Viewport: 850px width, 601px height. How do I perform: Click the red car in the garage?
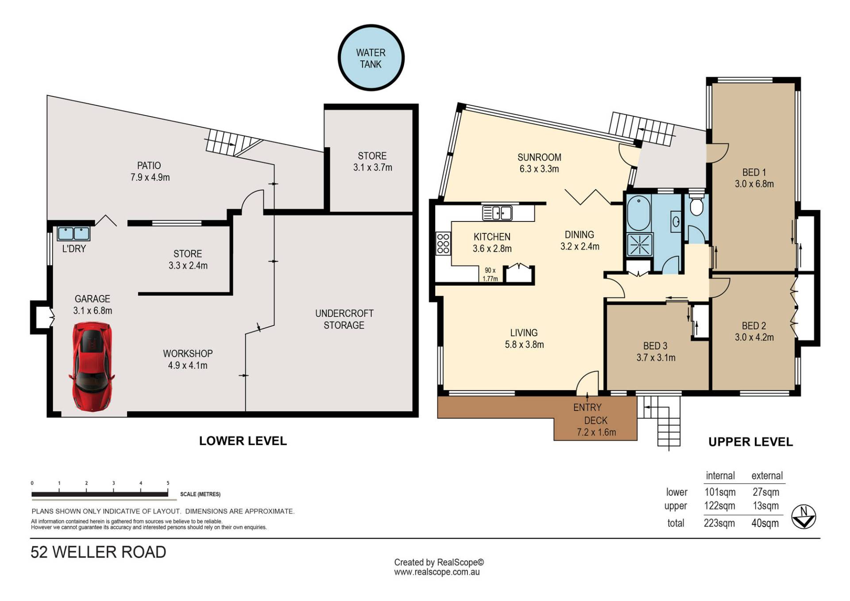92,367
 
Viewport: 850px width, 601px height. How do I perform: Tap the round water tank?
371,58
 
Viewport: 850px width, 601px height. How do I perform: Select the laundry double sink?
73,233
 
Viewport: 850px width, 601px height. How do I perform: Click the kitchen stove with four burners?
443,244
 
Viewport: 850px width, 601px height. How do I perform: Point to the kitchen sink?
497,213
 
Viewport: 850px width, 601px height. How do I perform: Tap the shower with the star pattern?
640,244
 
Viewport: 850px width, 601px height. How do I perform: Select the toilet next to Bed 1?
696,203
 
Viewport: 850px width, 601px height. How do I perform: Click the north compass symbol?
804,516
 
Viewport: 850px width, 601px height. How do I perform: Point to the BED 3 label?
655,346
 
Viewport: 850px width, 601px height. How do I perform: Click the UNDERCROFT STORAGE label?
344,319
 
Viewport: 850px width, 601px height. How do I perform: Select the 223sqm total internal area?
719,523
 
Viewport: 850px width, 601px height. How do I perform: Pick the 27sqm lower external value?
766,492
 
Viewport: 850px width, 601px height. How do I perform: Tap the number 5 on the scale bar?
168,483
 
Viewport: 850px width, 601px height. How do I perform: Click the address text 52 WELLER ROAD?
98,552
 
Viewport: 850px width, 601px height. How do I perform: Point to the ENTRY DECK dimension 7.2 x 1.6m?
596,432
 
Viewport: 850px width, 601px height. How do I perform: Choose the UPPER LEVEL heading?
750,442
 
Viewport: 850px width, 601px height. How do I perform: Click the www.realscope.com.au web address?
437,572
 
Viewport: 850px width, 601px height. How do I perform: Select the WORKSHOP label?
188,353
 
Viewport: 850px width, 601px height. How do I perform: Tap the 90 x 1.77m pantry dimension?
490,274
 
